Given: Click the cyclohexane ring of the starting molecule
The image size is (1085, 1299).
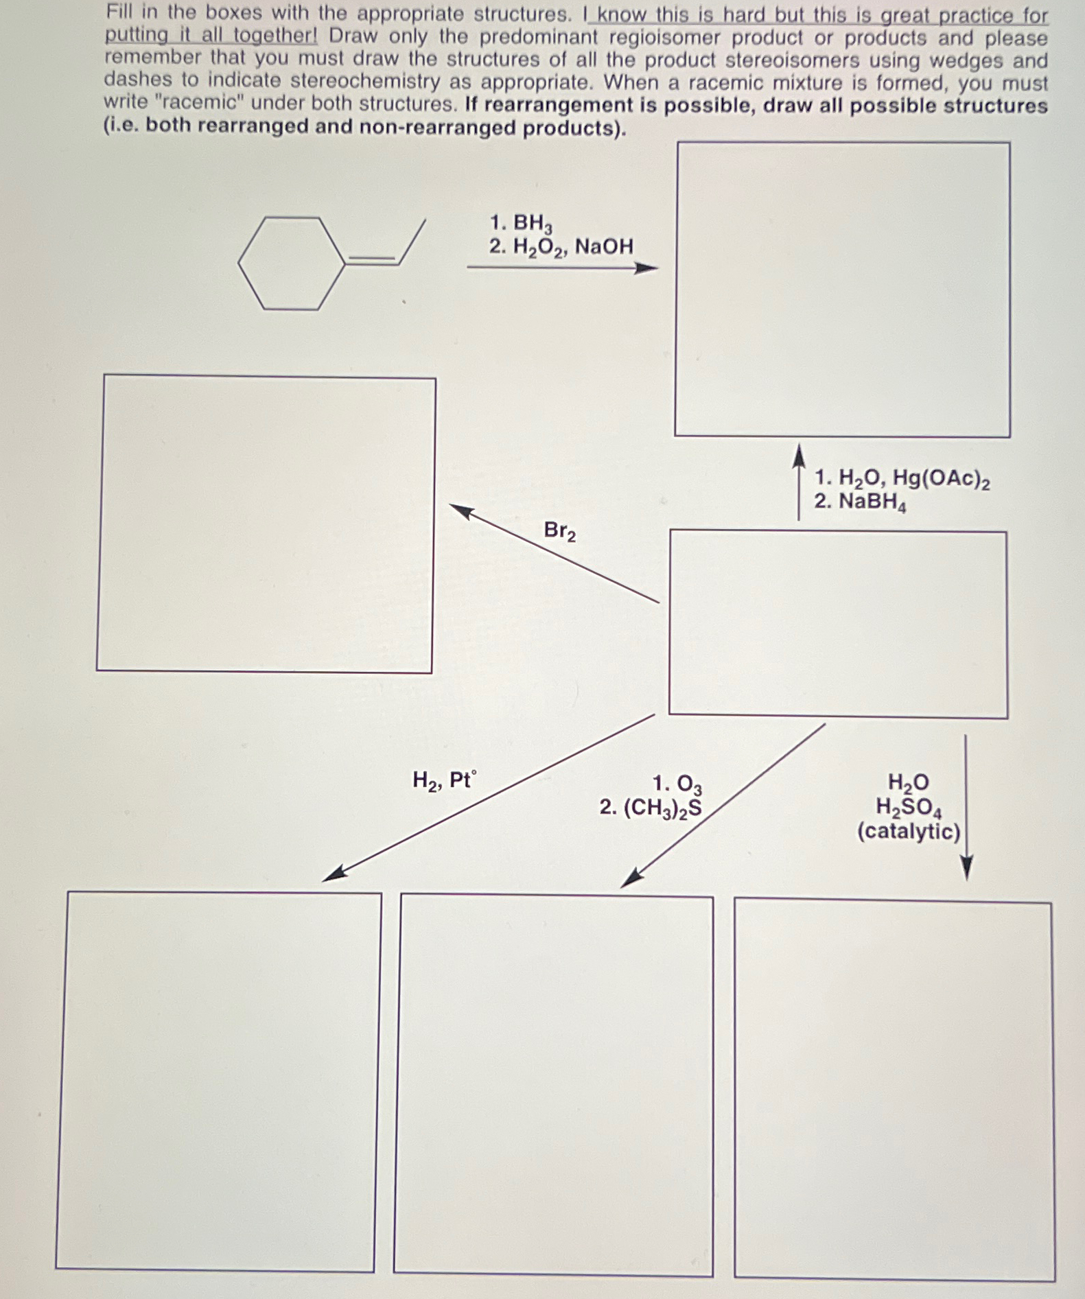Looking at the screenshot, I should tap(292, 264).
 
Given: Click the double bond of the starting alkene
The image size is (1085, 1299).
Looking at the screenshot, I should tap(373, 259).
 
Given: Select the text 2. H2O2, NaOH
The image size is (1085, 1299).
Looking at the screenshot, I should tap(561, 246).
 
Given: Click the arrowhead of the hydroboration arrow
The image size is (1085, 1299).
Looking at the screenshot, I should tap(645, 268).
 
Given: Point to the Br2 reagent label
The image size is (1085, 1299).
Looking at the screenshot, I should tap(560, 531).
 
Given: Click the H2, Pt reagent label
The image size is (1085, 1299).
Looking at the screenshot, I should tap(443, 781).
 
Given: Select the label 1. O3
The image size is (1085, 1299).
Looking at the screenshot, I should tap(677, 784).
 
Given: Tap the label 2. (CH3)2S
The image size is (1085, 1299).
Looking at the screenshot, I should tap(651, 808).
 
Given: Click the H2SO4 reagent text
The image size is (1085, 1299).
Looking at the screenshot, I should tap(909, 808).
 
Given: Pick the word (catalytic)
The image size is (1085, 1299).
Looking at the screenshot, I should tap(909, 832).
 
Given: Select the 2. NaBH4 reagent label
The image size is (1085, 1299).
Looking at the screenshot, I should tap(860, 502).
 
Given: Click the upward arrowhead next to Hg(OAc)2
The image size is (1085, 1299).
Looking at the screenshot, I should tap(798, 455).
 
